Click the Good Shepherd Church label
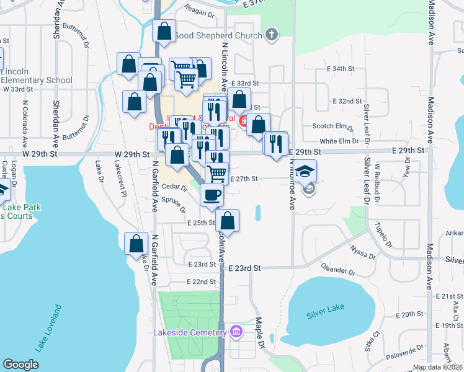tap(218, 35)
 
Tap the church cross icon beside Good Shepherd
tap(271, 35)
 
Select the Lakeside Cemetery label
tap(189, 333)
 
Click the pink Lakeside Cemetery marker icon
tap(235, 333)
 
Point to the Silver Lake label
tap(325, 314)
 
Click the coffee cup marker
tap(212, 195)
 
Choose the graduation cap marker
tap(305, 171)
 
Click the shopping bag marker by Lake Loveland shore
tap(136, 244)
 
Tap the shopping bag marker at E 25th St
tap(228, 221)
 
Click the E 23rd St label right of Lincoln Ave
tap(245, 268)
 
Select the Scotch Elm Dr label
tap(332, 126)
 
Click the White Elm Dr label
tap(336, 141)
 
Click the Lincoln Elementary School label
tap(37, 76)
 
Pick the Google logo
tap(20, 364)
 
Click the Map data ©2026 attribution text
tap(437, 367)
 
